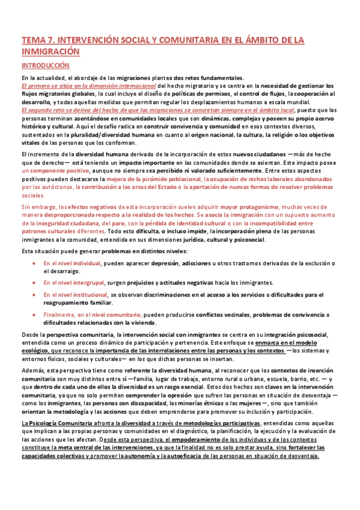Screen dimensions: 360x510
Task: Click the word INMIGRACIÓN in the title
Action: click(50, 52)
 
